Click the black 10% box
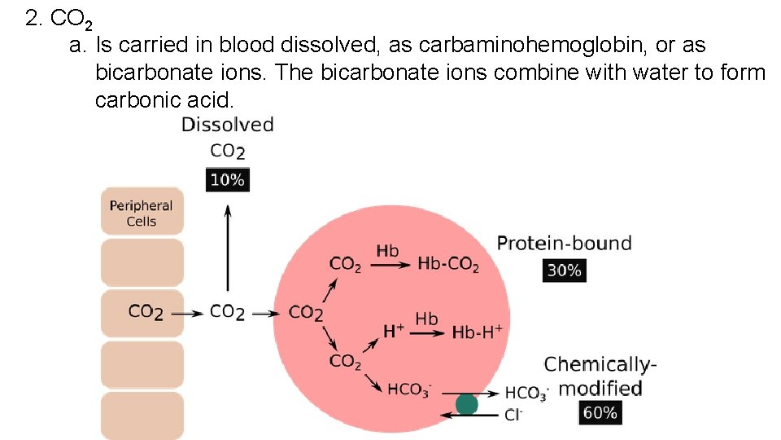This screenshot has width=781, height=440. click(227, 180)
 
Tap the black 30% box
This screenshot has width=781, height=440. click(564, 271)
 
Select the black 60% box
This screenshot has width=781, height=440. click(600, 413)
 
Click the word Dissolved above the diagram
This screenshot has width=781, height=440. click(227, 125)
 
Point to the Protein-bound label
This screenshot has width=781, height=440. click(564, 243)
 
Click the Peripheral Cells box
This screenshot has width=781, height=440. click(142, 213)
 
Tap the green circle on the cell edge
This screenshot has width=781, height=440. click(466, 404)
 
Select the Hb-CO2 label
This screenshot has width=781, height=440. click(447, 264)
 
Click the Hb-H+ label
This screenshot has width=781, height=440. click(477, 332)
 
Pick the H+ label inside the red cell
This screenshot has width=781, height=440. click(393, 331)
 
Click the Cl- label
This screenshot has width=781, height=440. click(513, 415)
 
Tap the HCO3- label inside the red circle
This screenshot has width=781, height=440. click(409, 389)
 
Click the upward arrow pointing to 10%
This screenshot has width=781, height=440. click(228, 244)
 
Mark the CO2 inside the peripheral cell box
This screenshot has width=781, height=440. click(146, 312)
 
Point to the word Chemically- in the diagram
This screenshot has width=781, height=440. click(600, 364)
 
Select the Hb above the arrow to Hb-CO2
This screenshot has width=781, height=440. click(387, 250)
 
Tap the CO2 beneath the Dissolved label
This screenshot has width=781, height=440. click(227, 152)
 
